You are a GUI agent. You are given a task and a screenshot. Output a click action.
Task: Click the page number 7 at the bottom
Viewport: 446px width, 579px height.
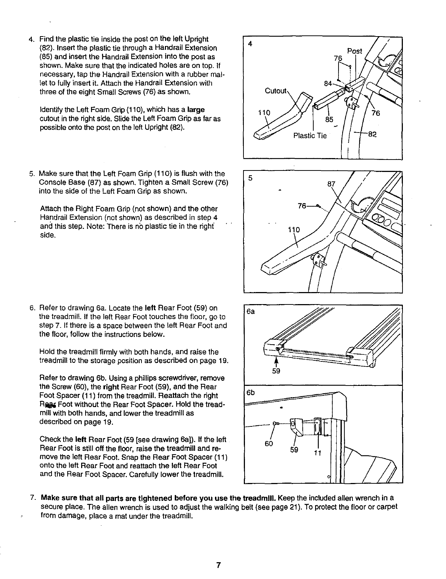click(x=218, y=565)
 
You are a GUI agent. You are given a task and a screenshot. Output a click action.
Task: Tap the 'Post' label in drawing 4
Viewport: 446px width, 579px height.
click(x=354, y=51)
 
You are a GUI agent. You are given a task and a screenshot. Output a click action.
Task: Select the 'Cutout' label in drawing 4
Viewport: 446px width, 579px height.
click(x=276, y=91)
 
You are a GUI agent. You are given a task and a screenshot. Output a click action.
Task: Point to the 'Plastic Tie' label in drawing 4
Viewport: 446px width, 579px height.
click(x=310, y=136)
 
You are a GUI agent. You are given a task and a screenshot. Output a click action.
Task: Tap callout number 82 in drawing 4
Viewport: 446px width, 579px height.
click(x=372, y=134)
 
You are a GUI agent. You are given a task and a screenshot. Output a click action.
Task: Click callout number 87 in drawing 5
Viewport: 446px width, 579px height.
click(x=331, y=184)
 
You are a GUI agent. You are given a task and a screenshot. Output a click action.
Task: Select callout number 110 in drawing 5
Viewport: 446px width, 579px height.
click(x=294, y=230)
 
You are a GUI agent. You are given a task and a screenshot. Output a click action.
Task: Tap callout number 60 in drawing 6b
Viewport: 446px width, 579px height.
click(x=269, y=444)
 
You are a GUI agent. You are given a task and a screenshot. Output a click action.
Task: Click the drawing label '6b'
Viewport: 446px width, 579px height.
click(x=250, y=393)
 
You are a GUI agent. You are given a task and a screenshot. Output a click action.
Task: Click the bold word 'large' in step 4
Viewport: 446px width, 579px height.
click(x=196, y=110)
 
